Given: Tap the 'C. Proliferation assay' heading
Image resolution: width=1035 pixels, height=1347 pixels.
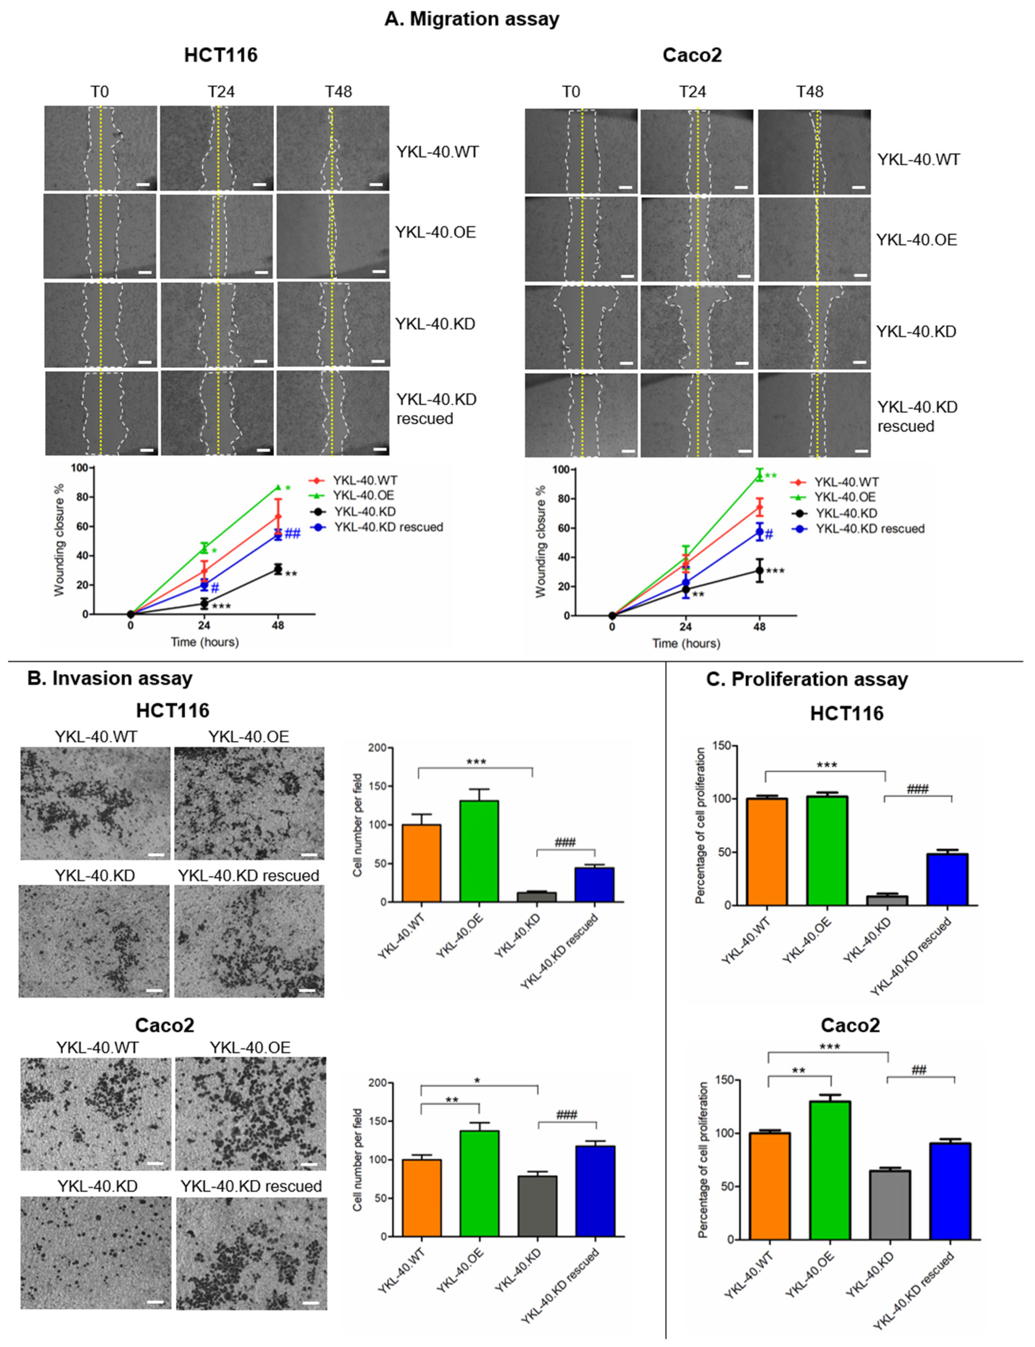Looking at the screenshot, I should click(x=807, y=679).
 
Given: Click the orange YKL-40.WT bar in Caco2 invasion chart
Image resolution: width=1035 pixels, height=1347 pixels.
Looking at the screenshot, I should click(x=421, y=1198).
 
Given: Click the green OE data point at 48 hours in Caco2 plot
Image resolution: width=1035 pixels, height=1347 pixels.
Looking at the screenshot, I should click(x=759, y=475).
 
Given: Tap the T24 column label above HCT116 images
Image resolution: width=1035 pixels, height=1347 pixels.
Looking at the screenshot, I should click(x=221, y=92).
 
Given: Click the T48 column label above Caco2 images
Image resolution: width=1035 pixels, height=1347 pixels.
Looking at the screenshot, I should click(x=810, y=92).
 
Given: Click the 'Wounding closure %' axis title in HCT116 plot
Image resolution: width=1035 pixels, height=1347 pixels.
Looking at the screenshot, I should click(x=59, y=540).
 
